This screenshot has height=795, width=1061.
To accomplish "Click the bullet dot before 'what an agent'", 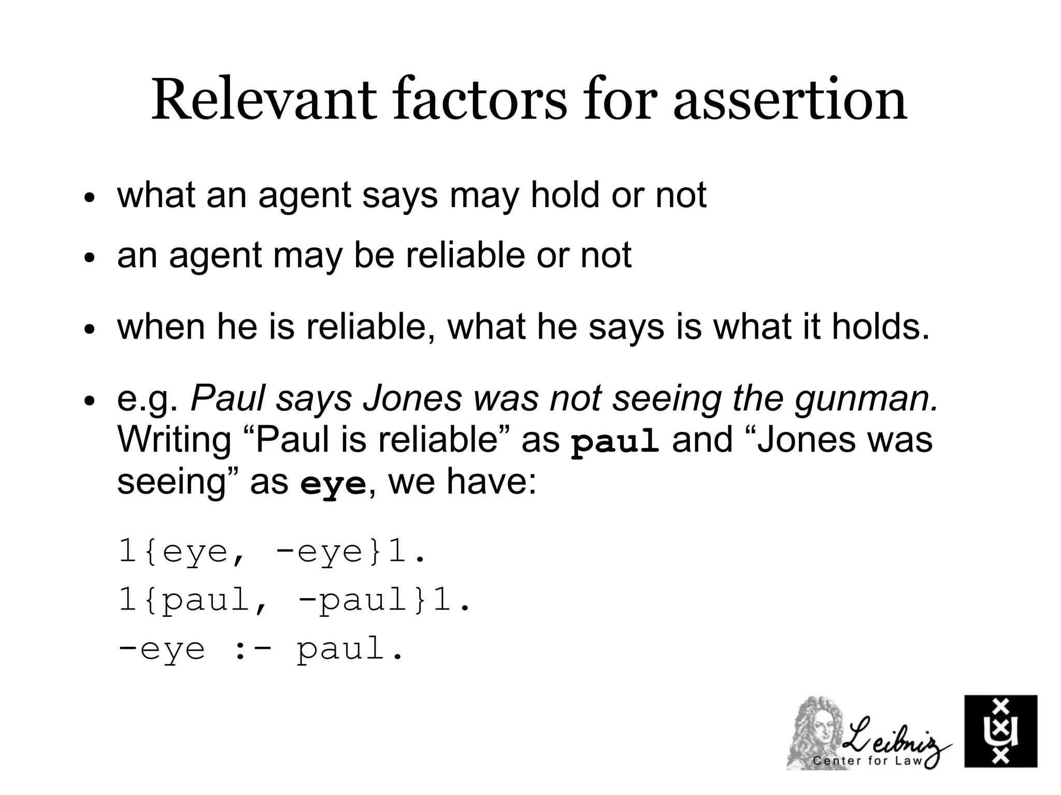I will click(x=90, y=198).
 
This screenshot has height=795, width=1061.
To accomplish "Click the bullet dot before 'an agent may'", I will click(x=90, y=258).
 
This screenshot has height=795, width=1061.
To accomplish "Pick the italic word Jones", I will click(x=412, y=398).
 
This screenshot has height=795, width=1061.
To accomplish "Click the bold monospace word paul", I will click(x=614, y=442).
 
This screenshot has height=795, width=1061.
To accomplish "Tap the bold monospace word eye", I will click(x=333, y=484).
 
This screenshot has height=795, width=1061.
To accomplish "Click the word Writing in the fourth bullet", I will click(x=174, y=440).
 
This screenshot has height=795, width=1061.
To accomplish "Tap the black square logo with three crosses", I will click(x=1000, y=731).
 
